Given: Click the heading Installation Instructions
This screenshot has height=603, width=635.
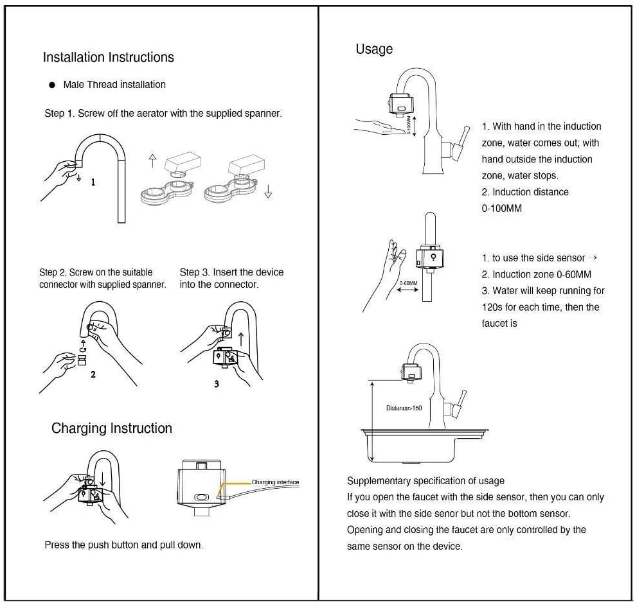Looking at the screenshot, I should click(x=108, y=57).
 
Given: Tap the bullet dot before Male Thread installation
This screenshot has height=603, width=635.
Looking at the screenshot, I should click(x=51, y=85).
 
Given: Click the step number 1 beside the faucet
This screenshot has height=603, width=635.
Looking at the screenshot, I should click(x=93, y=182).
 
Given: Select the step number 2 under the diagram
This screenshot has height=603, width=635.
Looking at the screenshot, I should click(x=93, y=374).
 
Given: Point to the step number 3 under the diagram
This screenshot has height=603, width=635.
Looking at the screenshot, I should click(x=217, y=383).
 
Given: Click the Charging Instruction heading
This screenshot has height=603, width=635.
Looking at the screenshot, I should click(x=112, y=428).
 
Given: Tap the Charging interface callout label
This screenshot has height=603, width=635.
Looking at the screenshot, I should click(x=275, y=482).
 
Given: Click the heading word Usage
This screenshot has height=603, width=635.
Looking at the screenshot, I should click(x=374, y=49).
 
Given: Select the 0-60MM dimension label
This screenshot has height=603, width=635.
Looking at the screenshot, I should click(x=408, y=283).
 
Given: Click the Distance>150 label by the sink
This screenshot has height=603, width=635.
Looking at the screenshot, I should click(x=404, y=408).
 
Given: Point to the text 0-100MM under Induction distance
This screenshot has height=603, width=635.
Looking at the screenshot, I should click(x=501, y=209).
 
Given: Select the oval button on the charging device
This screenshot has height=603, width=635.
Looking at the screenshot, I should click(x=202, y=497).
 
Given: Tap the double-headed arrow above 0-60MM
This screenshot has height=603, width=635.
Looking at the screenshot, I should click(x=408, y=290).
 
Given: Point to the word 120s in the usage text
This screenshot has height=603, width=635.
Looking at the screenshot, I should click(x=492, y=308).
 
